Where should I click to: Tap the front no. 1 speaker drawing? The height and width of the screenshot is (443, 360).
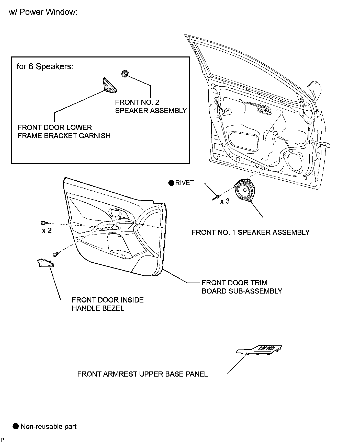[x=244, y=191]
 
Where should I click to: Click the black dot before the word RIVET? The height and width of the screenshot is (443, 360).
[x=171, y=183]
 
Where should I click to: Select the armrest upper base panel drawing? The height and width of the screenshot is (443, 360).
[x=259, y=350]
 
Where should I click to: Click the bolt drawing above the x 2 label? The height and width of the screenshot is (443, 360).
[x=43, y=223]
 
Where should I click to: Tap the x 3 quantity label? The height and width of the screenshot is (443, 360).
[x=225, y=201]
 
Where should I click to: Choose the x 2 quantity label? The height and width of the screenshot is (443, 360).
[x=47, y=230]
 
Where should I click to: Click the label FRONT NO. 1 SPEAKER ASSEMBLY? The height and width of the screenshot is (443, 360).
[x=251, y=232]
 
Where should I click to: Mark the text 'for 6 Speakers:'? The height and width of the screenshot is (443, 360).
[x=45, y=67]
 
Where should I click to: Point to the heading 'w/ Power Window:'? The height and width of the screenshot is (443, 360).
[x=43, y=12]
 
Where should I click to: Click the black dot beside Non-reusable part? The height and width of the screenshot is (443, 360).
[x=16, y=426]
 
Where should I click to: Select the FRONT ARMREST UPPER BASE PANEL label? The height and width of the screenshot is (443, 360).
[x=142, y=374]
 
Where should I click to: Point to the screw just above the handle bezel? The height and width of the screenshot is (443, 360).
[x=56, y=254]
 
